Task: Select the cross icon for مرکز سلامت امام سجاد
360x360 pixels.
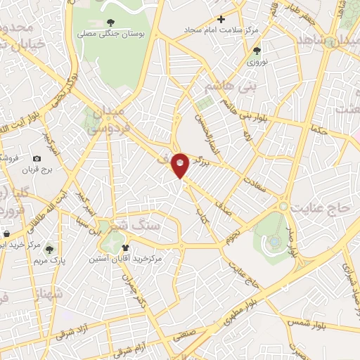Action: coord(221,19)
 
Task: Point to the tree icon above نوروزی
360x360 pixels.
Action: coord(256,50)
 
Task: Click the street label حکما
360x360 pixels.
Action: coord(321,129)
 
